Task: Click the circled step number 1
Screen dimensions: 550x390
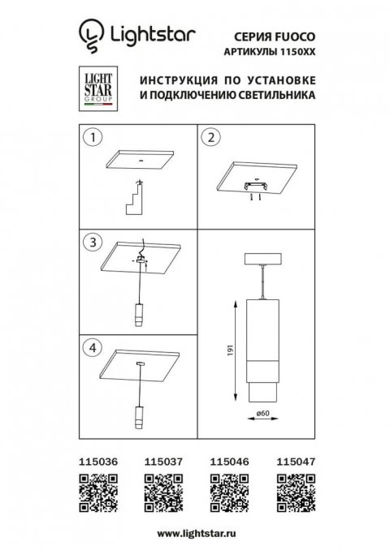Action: coord(93,138)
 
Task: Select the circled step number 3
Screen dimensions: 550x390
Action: coord(93,242)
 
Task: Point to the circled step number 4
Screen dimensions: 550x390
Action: coord(93,346)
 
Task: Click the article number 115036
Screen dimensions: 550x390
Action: coord(94,460)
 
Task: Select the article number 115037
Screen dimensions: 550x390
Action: coord(161,460)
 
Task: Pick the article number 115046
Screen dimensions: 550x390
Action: coord(227,460)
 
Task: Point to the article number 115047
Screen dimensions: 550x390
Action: coord(293,460)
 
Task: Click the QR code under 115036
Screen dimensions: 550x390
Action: coord(94,491)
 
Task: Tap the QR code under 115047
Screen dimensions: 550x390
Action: coord(293,491)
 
